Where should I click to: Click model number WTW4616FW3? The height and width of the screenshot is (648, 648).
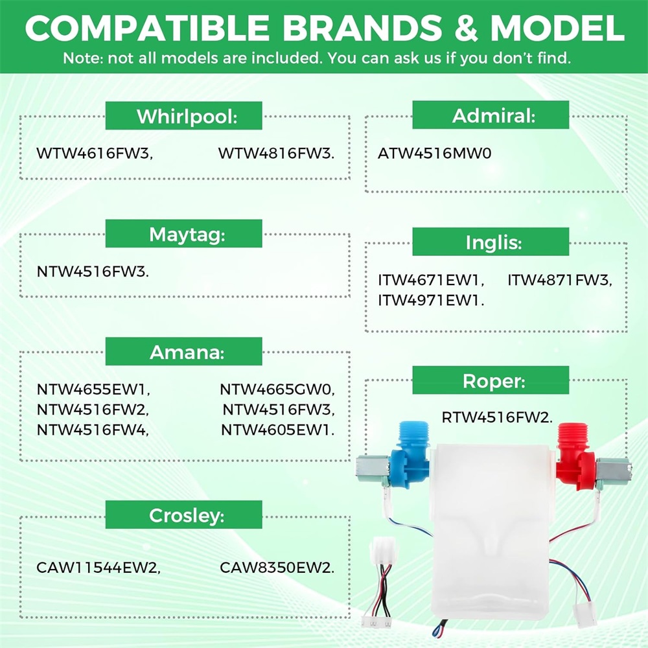coord(95,154)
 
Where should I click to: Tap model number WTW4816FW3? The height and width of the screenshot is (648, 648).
coord(277,154)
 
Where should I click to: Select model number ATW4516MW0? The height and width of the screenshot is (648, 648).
coord(435,154)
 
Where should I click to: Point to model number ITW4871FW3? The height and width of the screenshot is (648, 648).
coord(560,280)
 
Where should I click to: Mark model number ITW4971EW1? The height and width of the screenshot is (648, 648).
coord(431,301)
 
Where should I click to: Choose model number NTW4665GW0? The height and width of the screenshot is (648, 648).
coord(277,389)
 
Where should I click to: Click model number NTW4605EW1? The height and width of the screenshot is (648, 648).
coord(278,430)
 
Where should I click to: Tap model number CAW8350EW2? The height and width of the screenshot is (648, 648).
coord(277,568)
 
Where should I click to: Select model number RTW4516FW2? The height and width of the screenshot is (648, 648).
coord(497,417)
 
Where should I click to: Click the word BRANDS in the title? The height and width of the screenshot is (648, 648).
coord(362,28)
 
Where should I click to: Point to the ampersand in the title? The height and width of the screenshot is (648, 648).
coord(466,28)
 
